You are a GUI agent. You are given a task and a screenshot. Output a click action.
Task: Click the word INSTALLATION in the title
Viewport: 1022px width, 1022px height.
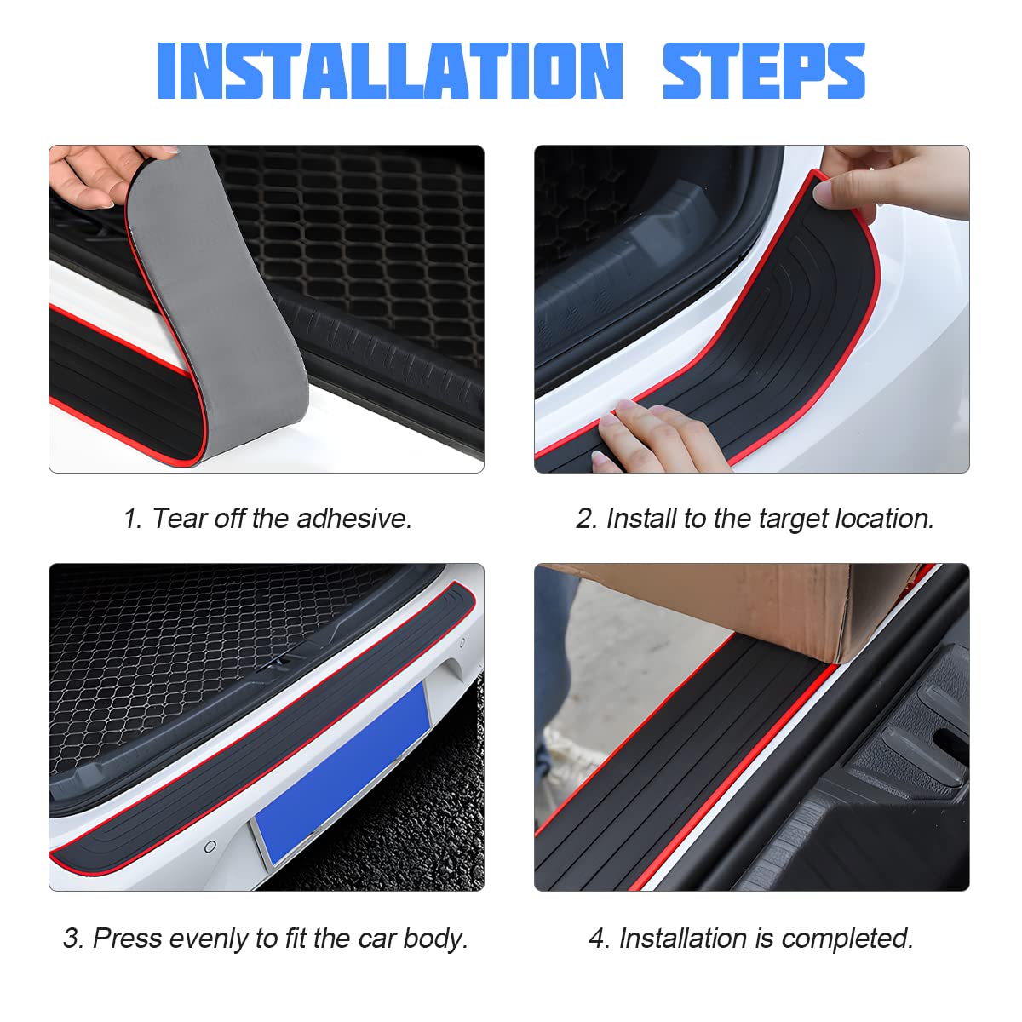click(390, 71)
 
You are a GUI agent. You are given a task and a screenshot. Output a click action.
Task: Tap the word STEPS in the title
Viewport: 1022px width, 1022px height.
click(764, 71)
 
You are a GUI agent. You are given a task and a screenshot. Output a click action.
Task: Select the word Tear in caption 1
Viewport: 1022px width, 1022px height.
click(179, 518)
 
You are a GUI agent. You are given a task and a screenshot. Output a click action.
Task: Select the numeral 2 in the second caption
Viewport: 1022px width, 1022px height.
click(584, 518)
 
